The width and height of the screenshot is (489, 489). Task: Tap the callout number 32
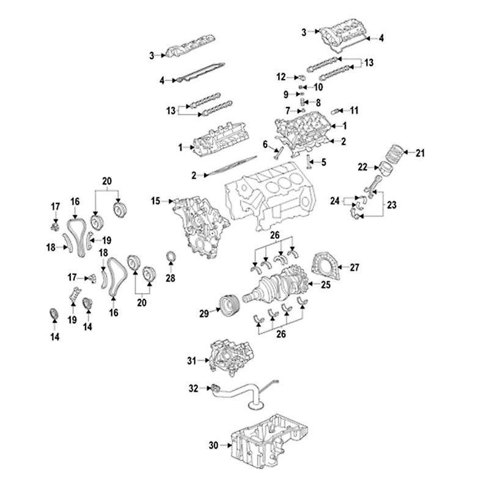[x=193, y=388]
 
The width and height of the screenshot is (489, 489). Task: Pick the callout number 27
[x=355, y=267]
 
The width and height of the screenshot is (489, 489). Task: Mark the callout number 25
[x=325, y=284]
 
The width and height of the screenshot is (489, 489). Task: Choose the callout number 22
[x=362, y=166]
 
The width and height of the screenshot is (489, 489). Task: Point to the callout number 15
[x=155, y=200]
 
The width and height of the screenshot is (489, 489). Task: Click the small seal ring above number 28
[x=171, y=256]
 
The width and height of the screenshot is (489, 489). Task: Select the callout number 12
[x=281, y=77]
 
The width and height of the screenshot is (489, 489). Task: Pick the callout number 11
[x=355, y=110]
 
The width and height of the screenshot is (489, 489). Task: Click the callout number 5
[x=324, y=162]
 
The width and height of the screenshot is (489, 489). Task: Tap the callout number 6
[x=266, y=144]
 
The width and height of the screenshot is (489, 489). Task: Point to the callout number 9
[x=285, y=94]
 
